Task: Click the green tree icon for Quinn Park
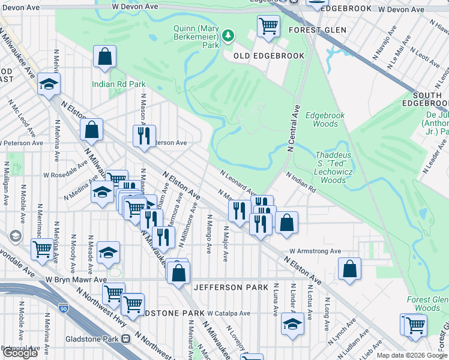click(228, 36)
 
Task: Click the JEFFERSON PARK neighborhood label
click(231, 287)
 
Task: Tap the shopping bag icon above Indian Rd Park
click(104, 57)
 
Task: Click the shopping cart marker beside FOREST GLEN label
click(268, 26)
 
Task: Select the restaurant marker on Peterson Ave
click(144, 136)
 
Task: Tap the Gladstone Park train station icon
click(125, 338)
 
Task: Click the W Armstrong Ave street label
click(315, 251)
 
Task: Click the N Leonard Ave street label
click(238, 181)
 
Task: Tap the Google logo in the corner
click(20, 353)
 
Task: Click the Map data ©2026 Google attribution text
click(411, 355)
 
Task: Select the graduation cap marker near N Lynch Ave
click(292, 325)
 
